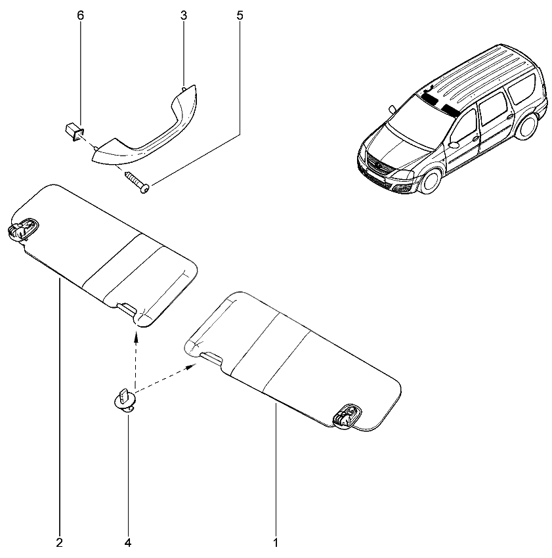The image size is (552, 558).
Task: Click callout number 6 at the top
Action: pos(81,16)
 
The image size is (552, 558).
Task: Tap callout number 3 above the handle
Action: pos(184,16)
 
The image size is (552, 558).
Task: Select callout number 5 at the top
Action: pos(240,16)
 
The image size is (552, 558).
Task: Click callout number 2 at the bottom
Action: pos(60,543)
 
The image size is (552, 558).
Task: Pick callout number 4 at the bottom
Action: pos(128,543)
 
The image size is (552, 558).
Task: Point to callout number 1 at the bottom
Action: pos(276,543)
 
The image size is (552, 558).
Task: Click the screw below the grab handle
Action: pos(137,182)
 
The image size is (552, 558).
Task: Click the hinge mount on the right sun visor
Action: pos(347,416)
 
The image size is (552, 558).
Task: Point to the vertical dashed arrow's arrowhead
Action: pos(136,335)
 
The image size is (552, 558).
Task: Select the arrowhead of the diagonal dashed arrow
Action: pos(192,366)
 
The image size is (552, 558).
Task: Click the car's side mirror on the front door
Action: pos(454,145)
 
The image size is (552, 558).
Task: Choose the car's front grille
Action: pos(378,165)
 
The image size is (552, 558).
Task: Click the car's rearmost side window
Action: pos(523,88)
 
